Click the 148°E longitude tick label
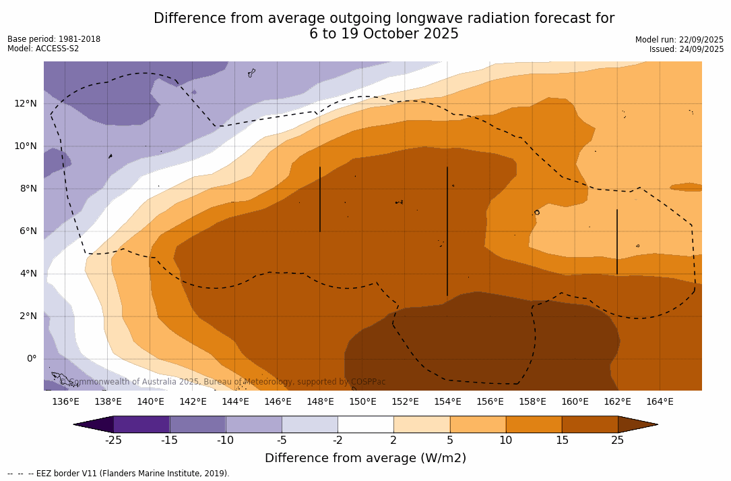tap(320, 402)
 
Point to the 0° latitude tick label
tap(31, 359)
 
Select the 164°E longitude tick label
tap(660, 402)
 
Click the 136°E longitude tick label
tap(65, 402)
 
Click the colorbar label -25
tap(113, 441)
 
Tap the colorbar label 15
tap(562, 441)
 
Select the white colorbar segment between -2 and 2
tap(365, 424)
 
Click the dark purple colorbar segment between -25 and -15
tap(141, 424)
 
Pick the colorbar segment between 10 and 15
tap(534, 424)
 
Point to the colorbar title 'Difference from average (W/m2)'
tap(365, 458)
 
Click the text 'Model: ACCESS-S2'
tap(43, 49)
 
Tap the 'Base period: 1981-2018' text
tap(54, 39)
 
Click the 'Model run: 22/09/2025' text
tap(679, 40)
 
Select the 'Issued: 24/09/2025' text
tap(687, 49)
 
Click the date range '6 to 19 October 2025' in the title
tap(384, 34)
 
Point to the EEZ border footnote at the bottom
tap(119, 474)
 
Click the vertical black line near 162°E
tap(617, 242)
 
